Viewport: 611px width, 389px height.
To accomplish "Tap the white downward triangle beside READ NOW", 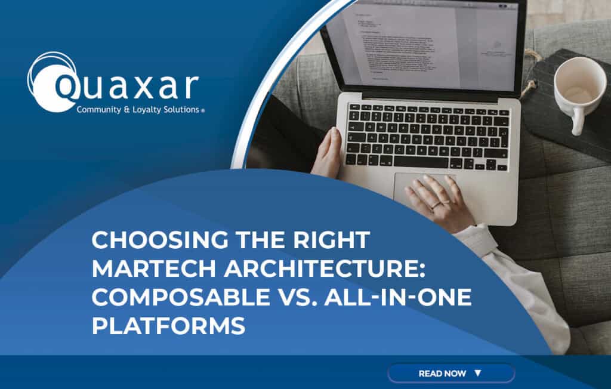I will (477, 373).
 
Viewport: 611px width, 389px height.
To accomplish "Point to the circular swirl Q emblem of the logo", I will (52, 82).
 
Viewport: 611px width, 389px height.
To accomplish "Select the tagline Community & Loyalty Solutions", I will (140, 110).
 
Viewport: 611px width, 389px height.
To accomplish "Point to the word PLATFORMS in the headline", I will (168, 326).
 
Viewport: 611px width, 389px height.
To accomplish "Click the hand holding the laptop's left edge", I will (327, 152).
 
